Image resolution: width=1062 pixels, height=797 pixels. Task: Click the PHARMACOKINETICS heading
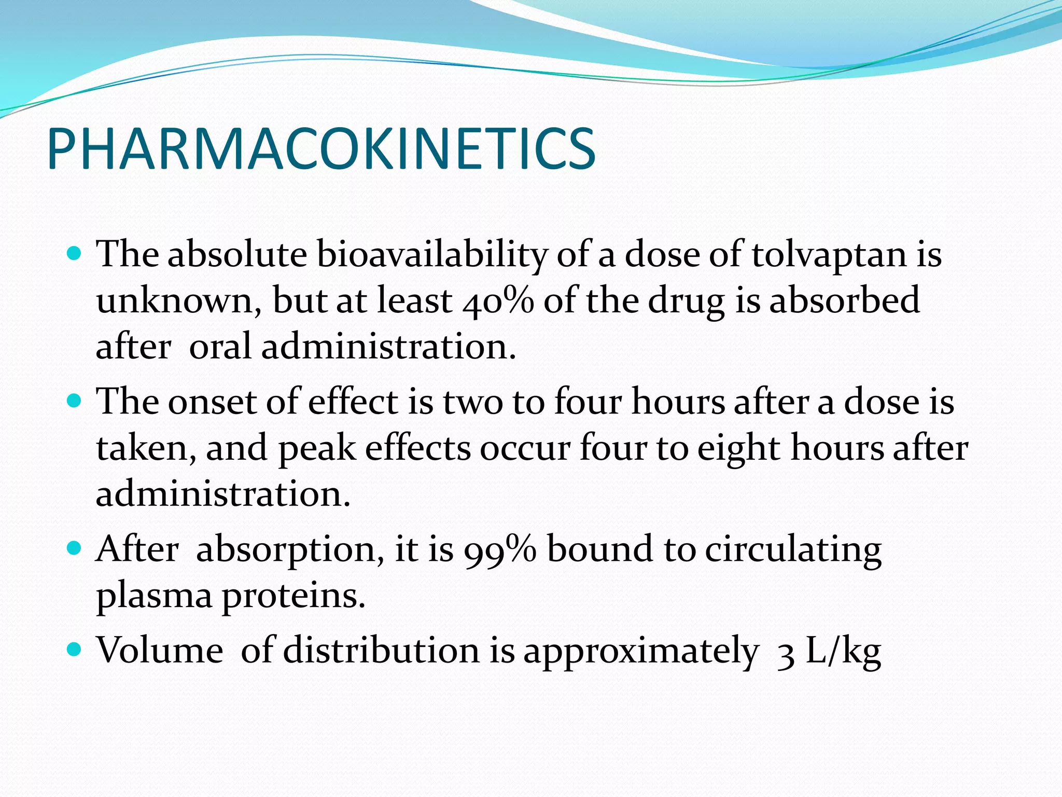pyautogui.click(x=321, y=149)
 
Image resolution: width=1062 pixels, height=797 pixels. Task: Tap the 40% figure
pyautogui.click(x=498, y=301)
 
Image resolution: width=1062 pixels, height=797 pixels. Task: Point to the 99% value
pyautogui.click(x=500, y=549)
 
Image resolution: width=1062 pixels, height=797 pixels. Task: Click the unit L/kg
pyautogui.click(x=843, y=651)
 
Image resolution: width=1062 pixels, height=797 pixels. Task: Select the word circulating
pyautogui.click(x=793, y=549)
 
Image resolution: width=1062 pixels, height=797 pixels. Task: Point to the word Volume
pyautogui.click(x=160, y=651)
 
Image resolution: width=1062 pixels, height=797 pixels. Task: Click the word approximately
pyautogui.click(x=641, y=651)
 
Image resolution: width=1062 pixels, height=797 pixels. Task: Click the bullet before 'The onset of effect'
pyautogui.click(x=75, y=401)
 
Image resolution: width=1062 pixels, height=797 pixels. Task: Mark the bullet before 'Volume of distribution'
pyautogui.click(x=75, y=650)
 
